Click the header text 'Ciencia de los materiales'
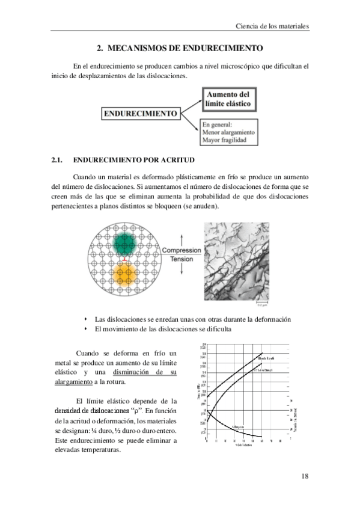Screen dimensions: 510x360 tap(272, 27)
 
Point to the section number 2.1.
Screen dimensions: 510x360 tap(57, 161)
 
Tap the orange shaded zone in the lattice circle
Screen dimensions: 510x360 tap(124, 277)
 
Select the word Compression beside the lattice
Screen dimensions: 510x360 tap(182, 251)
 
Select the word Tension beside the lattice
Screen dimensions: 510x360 tap(182, 259)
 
